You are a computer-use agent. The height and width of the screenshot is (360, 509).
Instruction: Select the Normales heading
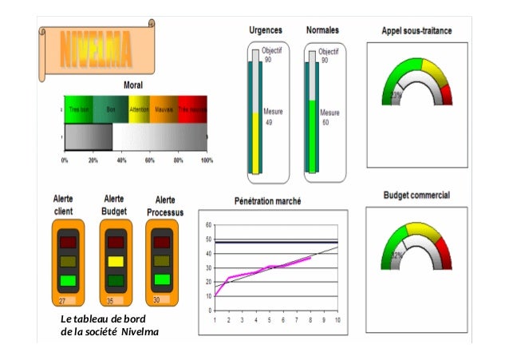click(322, 30)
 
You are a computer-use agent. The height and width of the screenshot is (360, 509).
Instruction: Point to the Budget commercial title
click(416, 194)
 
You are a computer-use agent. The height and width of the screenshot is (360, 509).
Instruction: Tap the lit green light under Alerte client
click(68, 280)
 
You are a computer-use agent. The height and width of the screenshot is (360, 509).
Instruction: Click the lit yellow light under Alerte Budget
click(115, 261)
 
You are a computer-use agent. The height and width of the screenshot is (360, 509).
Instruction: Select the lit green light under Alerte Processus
click(162, 279)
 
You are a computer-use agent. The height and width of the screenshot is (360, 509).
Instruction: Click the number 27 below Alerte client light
click(62, 301)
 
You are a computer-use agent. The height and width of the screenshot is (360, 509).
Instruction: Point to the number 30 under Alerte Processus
click(156, 300)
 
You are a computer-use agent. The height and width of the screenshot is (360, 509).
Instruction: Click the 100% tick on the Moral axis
click(206, 160)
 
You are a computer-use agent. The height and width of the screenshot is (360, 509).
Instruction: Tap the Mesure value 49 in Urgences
click(269, 123)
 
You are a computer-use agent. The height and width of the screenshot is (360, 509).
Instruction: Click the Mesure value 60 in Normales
click(325, 123)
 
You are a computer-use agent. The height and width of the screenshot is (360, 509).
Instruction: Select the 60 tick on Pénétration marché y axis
click(209, 224)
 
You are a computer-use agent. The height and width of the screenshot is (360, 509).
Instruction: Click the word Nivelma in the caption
click(128, 332)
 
